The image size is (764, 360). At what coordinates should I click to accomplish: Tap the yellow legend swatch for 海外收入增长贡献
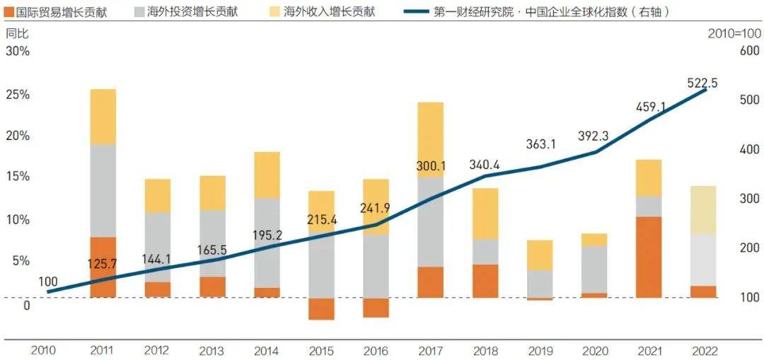click(x=273, y=12)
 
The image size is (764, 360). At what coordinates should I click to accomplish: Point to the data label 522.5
click(x=702, y=83)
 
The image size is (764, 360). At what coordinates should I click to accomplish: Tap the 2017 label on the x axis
click(x=430, y=350)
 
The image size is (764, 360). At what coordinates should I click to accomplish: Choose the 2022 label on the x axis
click(x=703, y=350)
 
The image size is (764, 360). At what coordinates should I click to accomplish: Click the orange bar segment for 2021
click(x=648, y=257)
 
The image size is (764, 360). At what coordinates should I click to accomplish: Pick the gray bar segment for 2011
click(x=103, y=190)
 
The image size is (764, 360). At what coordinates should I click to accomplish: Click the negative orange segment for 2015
click(x=321, y=309)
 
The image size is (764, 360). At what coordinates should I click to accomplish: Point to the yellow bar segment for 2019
click(x=540, y=255)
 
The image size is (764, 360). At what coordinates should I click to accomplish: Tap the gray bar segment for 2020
click(x=594, y=269)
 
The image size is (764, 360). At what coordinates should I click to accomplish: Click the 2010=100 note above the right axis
click(x=734, y=33)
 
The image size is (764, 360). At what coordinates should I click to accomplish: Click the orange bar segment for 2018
click(x=485, y=281)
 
